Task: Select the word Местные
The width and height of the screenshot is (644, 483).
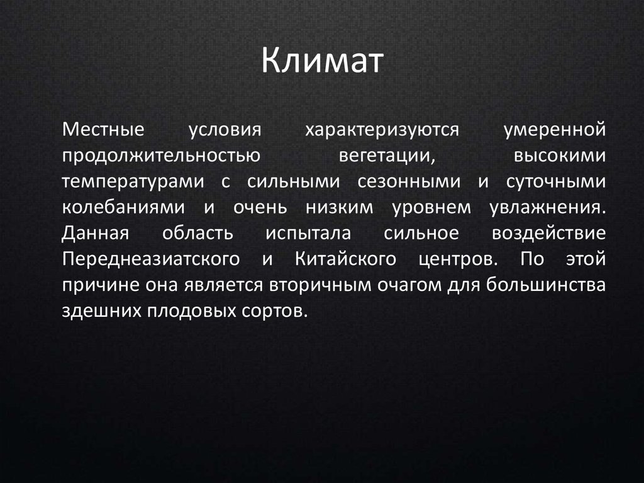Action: coord(104,130)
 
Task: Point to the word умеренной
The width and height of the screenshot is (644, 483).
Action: coord(555,130)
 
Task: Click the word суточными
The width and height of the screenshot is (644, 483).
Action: coord(556,181)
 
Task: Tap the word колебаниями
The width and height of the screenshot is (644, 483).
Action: coord(124,207)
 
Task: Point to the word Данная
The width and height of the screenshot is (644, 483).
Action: coord(95,233)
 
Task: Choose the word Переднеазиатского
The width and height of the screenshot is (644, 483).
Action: coord(152,259)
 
